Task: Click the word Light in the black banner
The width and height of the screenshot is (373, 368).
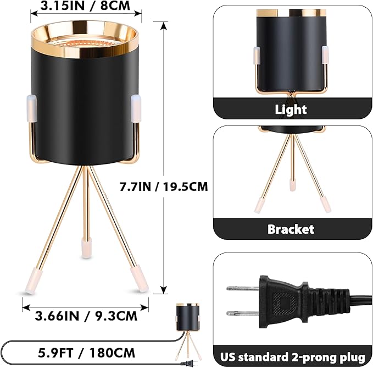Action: coord(291,109)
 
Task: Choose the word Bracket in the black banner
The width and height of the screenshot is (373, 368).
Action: coord(291,229)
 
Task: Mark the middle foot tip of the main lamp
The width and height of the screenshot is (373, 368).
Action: coord(85,247)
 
